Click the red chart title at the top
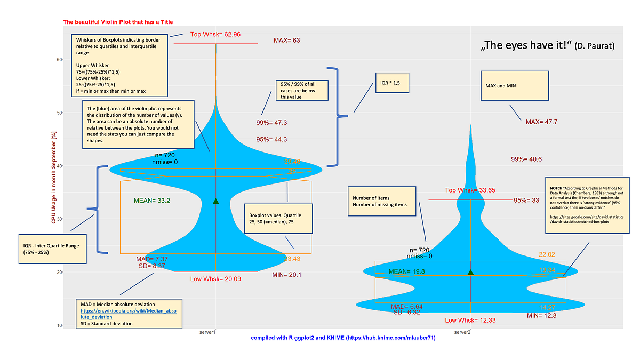click(x=118, y=22)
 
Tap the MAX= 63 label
click(x=287, y=41)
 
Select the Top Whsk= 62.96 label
click(x=215, y=34)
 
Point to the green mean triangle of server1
click(x=215, y=201)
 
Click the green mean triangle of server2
click(x=470, y=272)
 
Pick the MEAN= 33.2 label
click(x=152, y=201)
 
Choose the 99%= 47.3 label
click(x=271, y=123)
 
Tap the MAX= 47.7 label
click(x=541, y=122)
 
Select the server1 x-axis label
click(x=207, y=333)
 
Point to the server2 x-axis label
click(x=462, y=333)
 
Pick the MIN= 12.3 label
click(x=542, y=316)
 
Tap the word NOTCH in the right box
click(x=556, y=188)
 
